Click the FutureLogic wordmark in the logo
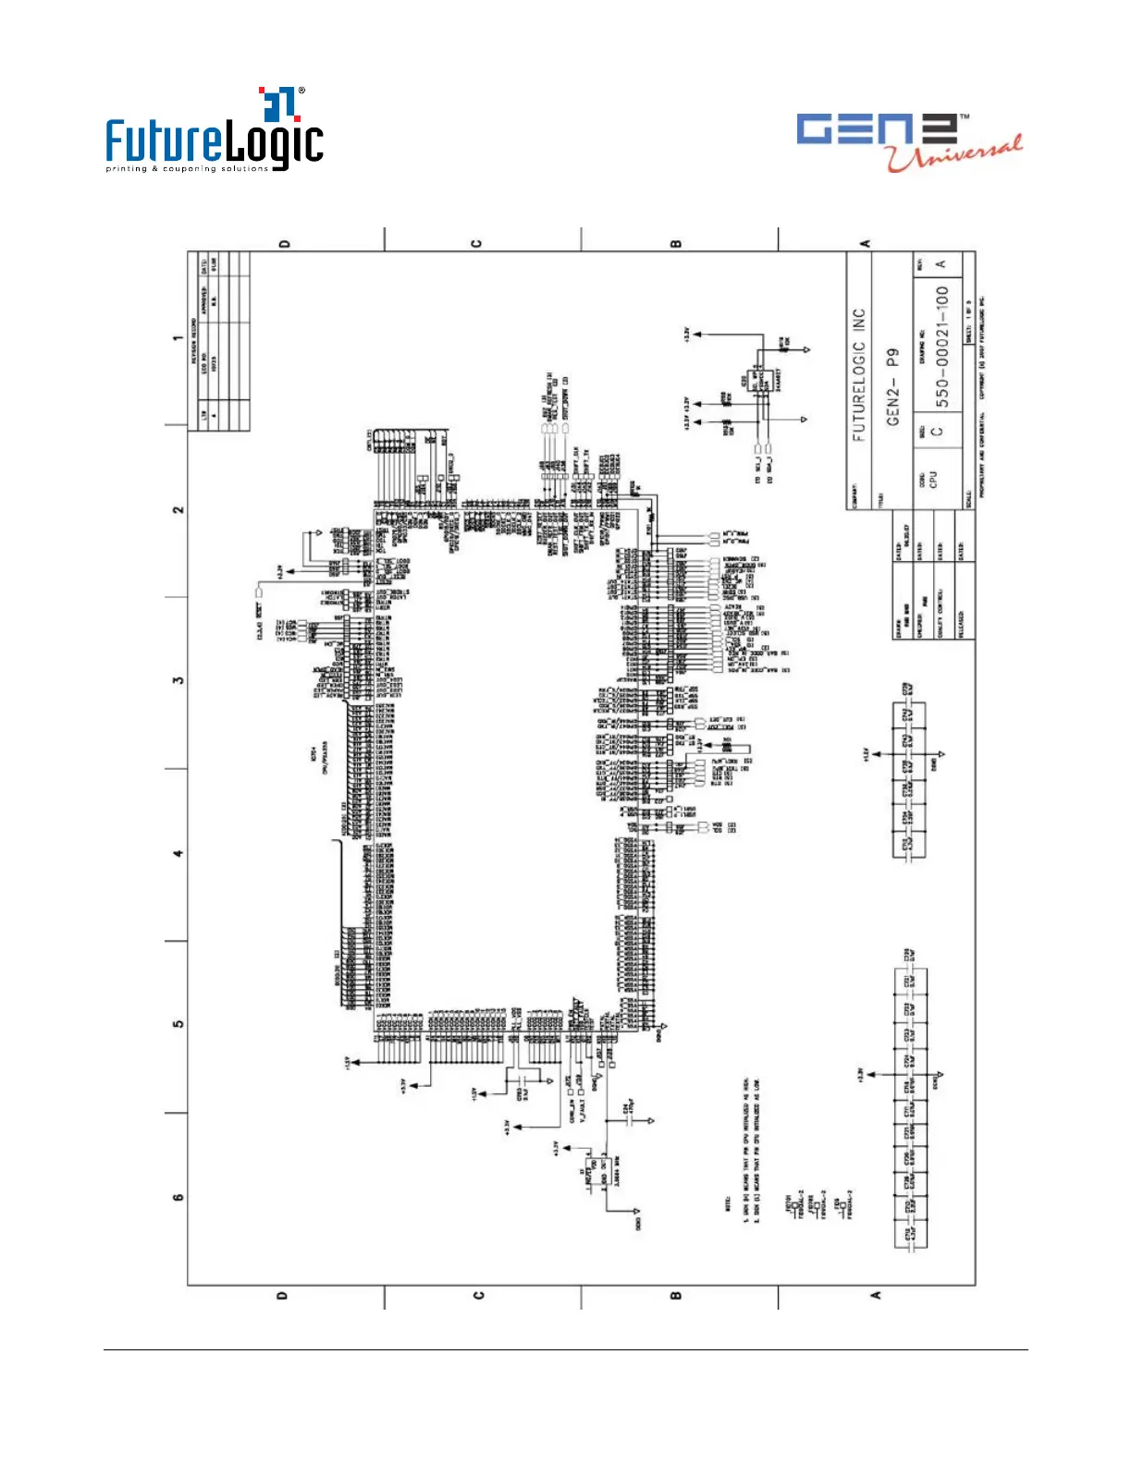[x=215, y=140]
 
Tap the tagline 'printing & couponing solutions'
[x=187, y=169]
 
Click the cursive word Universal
[x=955, y=154]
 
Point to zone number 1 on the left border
[x=178, y=338]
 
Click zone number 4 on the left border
[x=178, y=853]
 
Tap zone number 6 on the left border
[x=178, y=1197]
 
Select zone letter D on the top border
[x=284, y=244]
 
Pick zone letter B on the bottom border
[x=676, y=1295]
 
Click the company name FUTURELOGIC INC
[x=859, y=375]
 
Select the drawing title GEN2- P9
[x=892, y=387]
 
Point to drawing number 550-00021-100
[x=942, y=347]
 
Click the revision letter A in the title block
[x=941, y=264]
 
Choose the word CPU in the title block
[x=933, y=479]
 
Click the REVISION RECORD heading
[x=195, y=341]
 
